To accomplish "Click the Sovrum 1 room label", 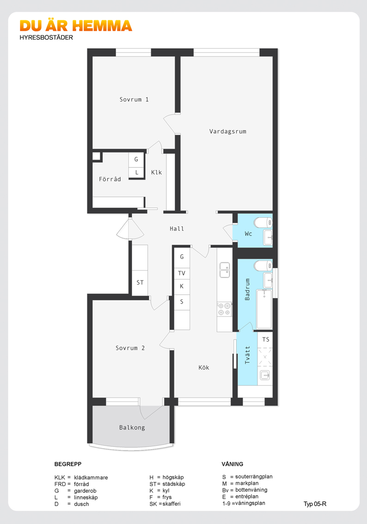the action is coord(134,100).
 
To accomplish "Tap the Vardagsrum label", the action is coord(227,132).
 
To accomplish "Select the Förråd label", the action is coord(110,179).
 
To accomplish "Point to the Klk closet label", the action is coord(156,172).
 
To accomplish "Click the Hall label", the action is coord(177,229).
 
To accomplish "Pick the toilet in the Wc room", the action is coord(263,222).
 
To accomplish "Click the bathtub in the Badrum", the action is coord(264,310).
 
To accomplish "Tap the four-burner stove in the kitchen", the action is coord(224,309).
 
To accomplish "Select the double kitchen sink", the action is coord(225,270).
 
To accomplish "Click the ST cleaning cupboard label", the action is coord(140,283).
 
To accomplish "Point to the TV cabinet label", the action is coord(182,274).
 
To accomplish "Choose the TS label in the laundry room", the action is coord(266,340).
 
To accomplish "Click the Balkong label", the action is coord(132,428).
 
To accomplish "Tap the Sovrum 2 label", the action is coord(130,348).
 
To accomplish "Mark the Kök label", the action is coord(204,368).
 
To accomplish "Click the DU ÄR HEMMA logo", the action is coord(76,26).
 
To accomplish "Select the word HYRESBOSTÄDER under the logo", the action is coord(46,37).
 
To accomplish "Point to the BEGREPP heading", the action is coord(68,464).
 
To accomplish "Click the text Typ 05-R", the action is coord(315,504).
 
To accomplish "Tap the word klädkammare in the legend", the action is coord(91,477).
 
